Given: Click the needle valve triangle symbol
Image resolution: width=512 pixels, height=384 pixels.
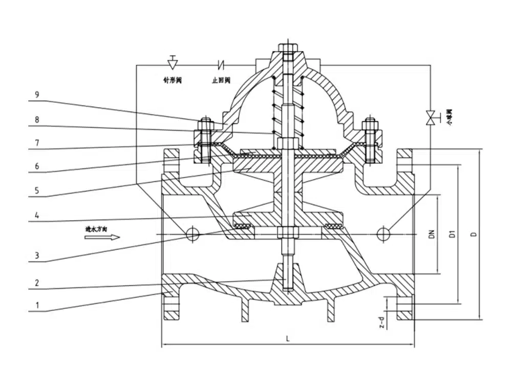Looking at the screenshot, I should [173, 63].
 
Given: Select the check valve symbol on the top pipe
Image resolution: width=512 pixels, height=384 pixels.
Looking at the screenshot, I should [222, 65].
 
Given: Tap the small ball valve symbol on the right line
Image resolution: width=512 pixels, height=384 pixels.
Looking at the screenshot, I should [432, 118].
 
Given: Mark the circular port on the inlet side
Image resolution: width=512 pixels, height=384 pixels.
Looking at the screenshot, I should [193, 234].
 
